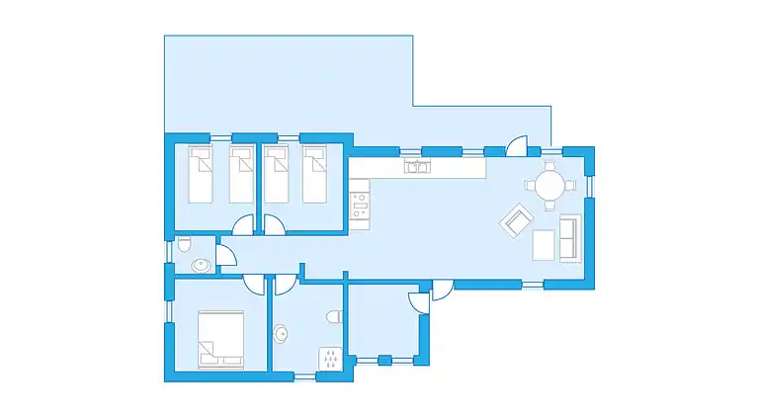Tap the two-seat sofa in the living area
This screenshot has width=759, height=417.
570,238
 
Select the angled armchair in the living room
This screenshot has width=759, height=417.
516,220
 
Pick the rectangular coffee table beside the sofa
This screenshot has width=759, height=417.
544,244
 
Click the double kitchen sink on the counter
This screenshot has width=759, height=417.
417,167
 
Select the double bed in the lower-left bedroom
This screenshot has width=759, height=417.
221,339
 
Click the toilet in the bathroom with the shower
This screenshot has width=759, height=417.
334,315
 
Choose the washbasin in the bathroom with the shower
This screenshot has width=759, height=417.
282,334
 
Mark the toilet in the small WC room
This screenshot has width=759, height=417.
184,245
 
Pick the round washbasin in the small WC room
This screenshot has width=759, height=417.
201,264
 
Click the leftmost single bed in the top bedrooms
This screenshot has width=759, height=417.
201,174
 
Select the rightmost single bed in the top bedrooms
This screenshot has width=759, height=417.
314,174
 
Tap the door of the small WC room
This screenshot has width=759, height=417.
226,258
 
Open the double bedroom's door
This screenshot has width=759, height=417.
256,285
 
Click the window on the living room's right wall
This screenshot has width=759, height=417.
591,185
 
